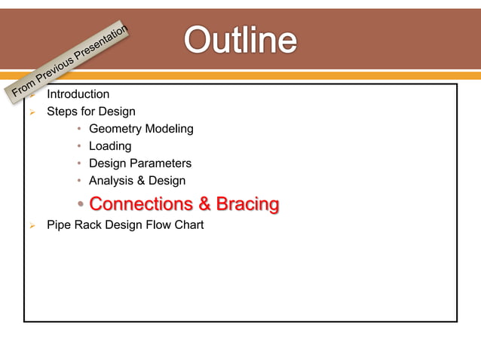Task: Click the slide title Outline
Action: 240,41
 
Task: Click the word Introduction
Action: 78,94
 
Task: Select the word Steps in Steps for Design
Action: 62,111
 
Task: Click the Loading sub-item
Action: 110,146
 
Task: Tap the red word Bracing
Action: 247,204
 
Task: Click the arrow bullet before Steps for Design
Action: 32,112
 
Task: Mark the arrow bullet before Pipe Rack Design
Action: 32,225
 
